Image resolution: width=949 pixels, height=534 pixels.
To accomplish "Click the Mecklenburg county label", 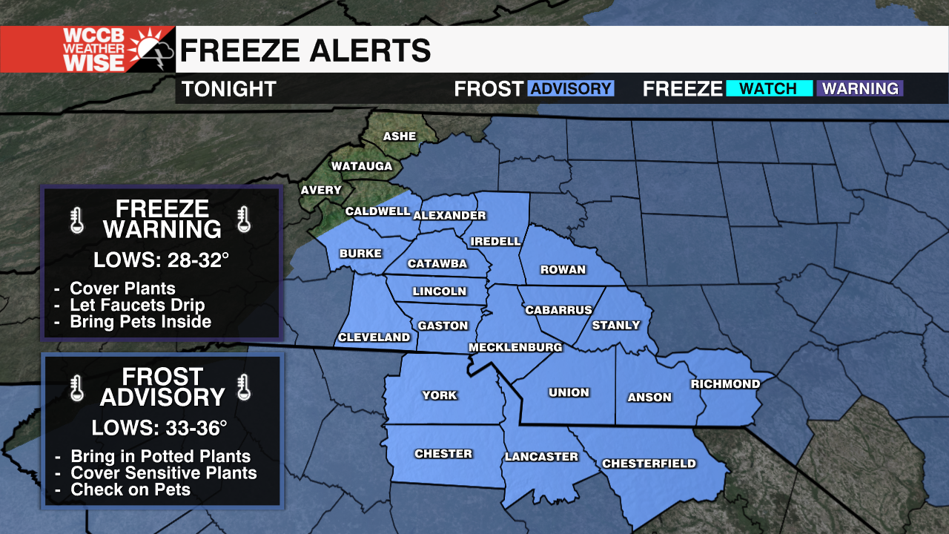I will (x=515, y=347).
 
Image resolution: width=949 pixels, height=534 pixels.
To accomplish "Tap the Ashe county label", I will (x=400, y=136).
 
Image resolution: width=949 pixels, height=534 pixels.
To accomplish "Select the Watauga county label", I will (x=361, y=166).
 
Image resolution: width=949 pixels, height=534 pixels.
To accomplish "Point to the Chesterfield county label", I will (x=649, y=464).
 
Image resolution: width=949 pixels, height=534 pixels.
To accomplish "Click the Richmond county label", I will (x=725, y=383).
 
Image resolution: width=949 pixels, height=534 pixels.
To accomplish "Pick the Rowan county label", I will (x=563, y=269).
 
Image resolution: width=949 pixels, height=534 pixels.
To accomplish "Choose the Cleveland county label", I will (x=374, y=337).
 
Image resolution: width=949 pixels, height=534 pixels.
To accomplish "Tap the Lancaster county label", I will (x=541, y=457).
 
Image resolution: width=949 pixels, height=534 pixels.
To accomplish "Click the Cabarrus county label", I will (x=559, y=310).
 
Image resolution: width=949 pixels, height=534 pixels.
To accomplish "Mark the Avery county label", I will (x=321, y=190).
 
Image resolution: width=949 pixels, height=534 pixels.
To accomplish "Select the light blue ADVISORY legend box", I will (x=570, y=89).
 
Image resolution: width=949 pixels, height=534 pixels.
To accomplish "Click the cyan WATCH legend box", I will (x=768, y=89).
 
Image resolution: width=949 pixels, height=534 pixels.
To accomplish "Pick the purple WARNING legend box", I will (x=860, y=89).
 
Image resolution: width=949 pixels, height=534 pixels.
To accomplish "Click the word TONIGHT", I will (x=229, y=89).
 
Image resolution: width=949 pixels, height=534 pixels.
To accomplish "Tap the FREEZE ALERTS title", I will (x=305, y=50).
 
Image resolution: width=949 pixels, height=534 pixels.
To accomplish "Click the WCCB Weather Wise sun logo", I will (x=152, y=48).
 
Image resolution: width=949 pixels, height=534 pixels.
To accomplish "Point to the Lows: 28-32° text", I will (x=161, y=260).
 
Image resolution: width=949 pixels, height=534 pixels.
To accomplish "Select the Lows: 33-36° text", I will (x=159, y=428).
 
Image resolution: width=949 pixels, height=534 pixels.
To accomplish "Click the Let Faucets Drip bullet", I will (x=137, y=305).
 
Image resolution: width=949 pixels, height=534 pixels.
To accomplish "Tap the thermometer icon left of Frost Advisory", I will (x=76, y=387).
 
